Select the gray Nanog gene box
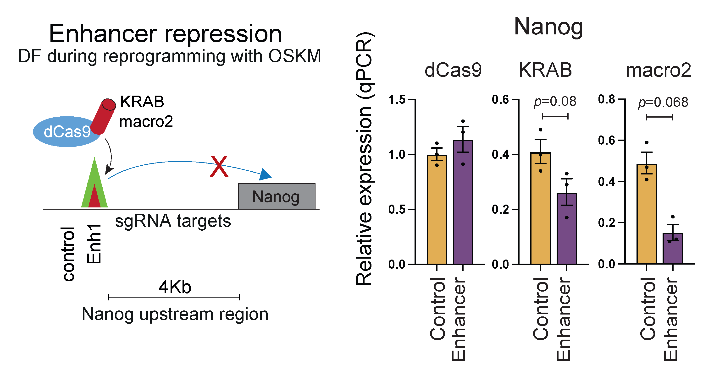pos(276,196)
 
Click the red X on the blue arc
pos(219,166)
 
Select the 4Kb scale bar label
pos(175,287)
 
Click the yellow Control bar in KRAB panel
pos(540,210)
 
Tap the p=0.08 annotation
pos(555,101)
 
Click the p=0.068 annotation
pos(663,103)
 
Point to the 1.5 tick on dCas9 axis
pos(397,99)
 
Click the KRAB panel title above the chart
pos(545,70)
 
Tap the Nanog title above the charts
pos(548,27)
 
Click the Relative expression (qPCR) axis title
pos(365,158)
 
